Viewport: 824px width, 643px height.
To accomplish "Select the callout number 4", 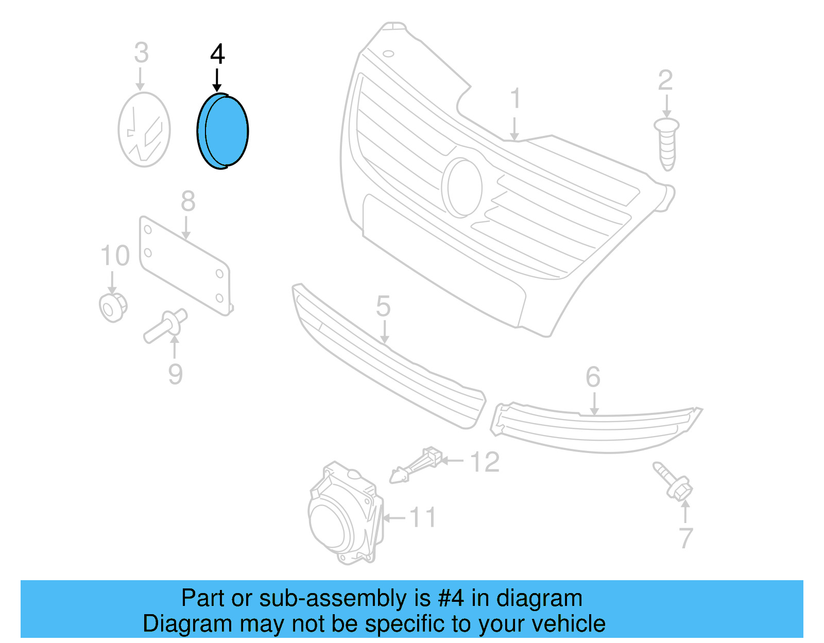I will [x=217, y=54].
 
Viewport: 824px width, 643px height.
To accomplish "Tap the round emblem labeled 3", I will [x=144, y=130].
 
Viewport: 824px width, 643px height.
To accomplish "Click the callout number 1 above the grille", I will [x=515, y=99].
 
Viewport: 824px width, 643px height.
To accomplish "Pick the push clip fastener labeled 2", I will [x=667, y=144].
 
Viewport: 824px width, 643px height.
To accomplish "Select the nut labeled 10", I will [x=113, y=307].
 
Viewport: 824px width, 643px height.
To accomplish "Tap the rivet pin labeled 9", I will [x=165, y=325].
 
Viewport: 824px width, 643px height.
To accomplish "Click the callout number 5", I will [x=383, y=306].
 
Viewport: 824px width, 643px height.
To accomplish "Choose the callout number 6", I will [x=593, y=377].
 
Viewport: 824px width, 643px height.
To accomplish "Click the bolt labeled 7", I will [x=674, y=481].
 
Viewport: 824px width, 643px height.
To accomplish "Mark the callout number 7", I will [x=685, y=538].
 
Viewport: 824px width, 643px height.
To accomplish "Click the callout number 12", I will [x=485, y=462].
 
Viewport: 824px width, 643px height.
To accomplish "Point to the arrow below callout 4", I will [x=217, y=80].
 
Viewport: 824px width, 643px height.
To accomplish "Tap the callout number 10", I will [x=115, y=256].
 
